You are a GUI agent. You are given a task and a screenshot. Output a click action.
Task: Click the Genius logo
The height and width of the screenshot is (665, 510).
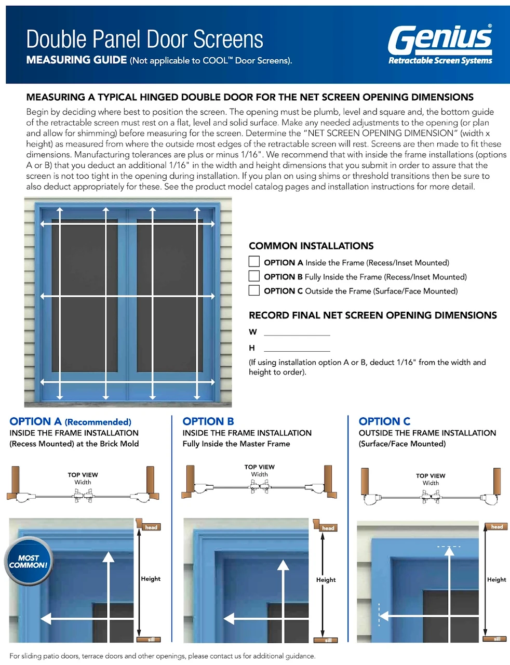[x=439, y=39]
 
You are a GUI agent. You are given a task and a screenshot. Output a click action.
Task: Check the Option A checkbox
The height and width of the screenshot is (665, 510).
[x=254, y=261]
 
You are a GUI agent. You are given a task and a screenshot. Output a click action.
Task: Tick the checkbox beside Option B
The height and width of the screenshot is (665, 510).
[x=254, y=276]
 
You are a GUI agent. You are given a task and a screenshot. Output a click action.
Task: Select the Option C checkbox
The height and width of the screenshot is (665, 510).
[x=254, y=290]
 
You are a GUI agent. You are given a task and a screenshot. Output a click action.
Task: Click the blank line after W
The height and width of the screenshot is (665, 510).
[x=297, y=332]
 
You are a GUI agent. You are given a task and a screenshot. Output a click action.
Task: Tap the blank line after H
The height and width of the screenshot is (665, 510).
[x=297, y=349]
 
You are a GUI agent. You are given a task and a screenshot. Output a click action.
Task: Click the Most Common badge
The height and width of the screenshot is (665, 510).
[x=28, y=562]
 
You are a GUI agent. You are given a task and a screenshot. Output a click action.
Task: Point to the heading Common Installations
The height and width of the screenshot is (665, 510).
[x=311, y=246]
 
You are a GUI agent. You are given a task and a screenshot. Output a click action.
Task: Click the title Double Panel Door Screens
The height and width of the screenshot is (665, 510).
[x=144, y=39]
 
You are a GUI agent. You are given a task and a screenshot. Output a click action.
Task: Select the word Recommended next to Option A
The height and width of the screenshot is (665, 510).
[x=98, y=422]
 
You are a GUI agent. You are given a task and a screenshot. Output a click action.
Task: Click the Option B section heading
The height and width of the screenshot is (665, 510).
[x=208, y=421]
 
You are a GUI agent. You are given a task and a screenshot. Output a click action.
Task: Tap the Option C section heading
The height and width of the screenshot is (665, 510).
[x=384, y=421]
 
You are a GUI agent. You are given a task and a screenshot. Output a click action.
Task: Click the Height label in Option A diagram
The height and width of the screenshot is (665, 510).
[x=151, y=579]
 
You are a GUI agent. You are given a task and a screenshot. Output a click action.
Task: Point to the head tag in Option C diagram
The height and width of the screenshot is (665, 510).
[x=496, y=527]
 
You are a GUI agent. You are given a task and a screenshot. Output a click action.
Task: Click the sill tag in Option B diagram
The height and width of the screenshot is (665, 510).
[x=328, y=640]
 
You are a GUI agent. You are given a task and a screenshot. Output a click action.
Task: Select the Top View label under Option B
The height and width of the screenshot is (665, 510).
[x=259, y=467]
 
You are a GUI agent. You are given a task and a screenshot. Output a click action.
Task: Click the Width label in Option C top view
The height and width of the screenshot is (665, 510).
[x=430, y=483]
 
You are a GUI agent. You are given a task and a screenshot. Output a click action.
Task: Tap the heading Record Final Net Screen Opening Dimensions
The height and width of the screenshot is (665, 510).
[x=372, y=315]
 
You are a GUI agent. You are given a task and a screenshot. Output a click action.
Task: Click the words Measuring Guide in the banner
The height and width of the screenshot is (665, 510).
[x=76, y=60]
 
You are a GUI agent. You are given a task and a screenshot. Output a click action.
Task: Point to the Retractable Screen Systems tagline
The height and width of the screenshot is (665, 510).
[x=440, y=61]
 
